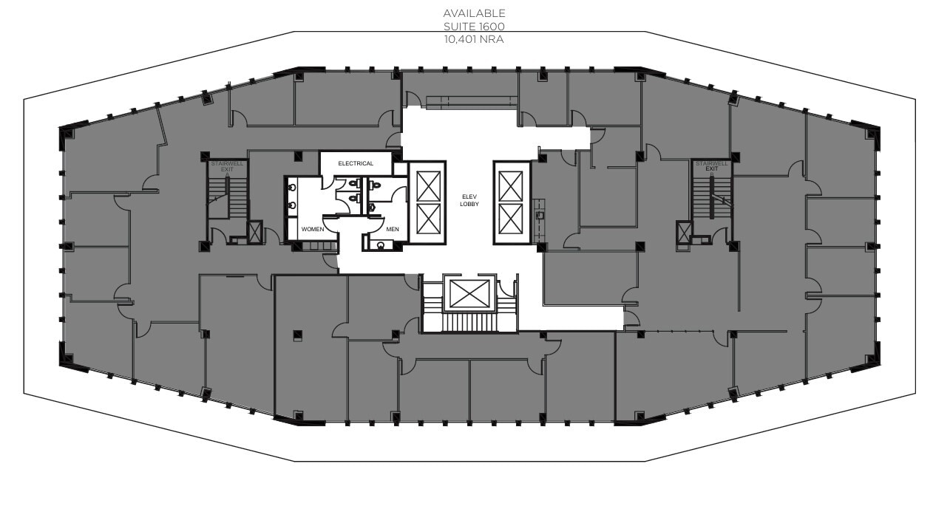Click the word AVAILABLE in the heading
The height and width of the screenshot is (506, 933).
pos(474,13)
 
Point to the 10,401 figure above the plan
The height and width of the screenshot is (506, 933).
pos(462,39)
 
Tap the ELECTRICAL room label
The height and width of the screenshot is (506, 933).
pos(356,163)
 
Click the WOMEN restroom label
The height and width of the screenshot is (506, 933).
pos(312,230)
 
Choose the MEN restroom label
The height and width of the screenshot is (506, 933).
pos(392,230)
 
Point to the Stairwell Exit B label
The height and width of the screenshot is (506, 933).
pos(711,165)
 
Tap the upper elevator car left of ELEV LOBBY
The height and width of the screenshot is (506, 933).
pos(428,185)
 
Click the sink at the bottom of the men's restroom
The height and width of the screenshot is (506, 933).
pos(381,244)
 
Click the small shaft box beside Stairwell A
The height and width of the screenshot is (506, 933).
pos(255,232)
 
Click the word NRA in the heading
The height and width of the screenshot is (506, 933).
pos(492,39)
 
